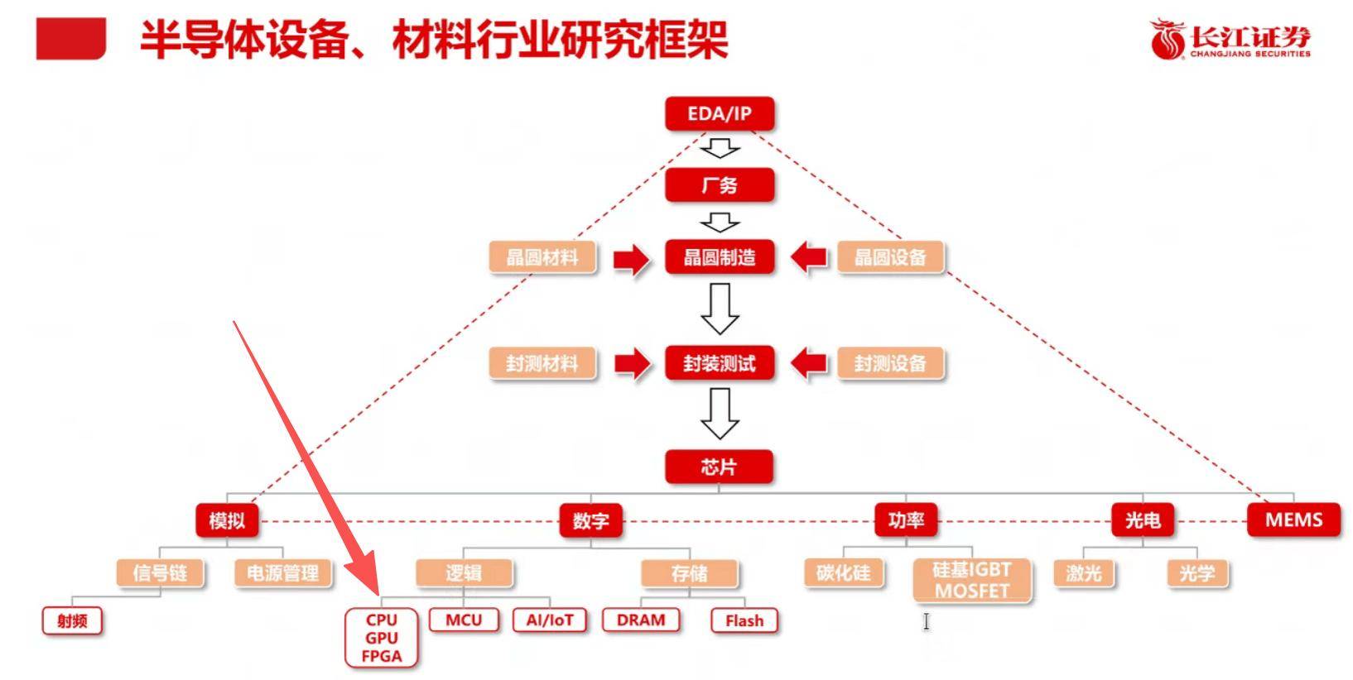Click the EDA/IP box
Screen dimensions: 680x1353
(x=719, y=114)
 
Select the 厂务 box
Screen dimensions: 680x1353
(x=719, y=185)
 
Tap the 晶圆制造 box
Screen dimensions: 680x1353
(x=719, y=257)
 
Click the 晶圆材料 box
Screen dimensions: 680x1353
(x=542, y=257)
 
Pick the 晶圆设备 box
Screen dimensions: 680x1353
(x=890, y=257)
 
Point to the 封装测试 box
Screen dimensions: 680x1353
(x=719, y=363)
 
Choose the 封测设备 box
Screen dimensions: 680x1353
(x=890, y=363)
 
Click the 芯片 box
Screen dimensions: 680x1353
(x=719, y=467)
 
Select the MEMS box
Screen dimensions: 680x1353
(x=1293, y=520)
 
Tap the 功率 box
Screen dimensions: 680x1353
(x=906, y=520)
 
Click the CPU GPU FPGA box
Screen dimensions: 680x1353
(x=382, y=638)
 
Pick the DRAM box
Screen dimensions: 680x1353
(x=641, y=620)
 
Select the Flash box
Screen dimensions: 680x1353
(x=744, y=621)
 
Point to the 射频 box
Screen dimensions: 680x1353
(x=72, y=621)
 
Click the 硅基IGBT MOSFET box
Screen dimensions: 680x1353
(x=972, y=580)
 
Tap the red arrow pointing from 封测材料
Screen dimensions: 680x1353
(x=631, y=363)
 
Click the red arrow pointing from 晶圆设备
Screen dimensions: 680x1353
(x=809, y=257)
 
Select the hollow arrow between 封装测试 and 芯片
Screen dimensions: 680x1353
(x=720, y=413)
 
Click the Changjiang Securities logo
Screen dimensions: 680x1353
(x=1230, y=40)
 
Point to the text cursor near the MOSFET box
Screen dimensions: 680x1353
(x=927, y=621)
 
